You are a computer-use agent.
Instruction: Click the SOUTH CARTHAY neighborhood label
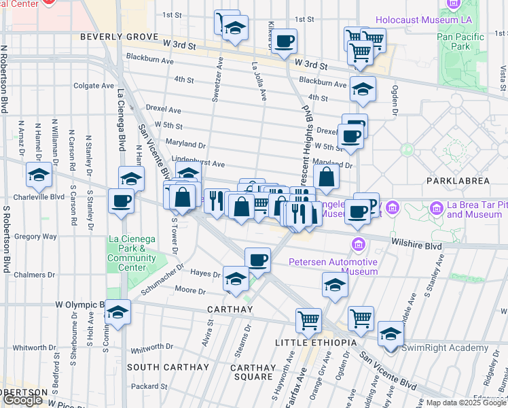pyautogui.click(x=168, y=367)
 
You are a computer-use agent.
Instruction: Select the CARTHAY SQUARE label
pyautogui.click(x=252, y=372)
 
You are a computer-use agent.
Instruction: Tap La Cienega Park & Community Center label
pyautogui.click(x=132, y=249)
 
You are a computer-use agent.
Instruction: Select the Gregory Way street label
pyautogui.click(x=35, y=237)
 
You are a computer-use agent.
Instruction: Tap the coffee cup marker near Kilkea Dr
pyautogui.click(x=285, y=41)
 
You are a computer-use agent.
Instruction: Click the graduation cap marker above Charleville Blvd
pyautogui.click(x=39, y=175)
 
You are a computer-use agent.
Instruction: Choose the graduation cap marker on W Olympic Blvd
pyautogui.click(x=117, y=312)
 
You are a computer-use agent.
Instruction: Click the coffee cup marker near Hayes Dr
pyautogui.click(x=257, y=258)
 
